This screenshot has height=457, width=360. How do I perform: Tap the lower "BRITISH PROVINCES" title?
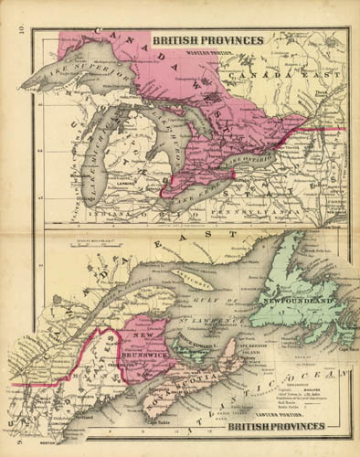tap(277, 426)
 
